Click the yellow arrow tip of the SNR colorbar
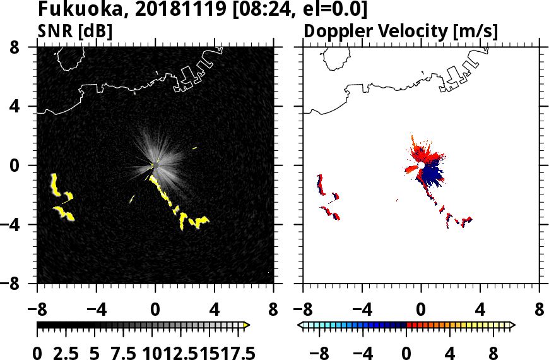(247, 325)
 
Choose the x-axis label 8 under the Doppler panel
(539, 310)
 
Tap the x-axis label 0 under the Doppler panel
(421, 310)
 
